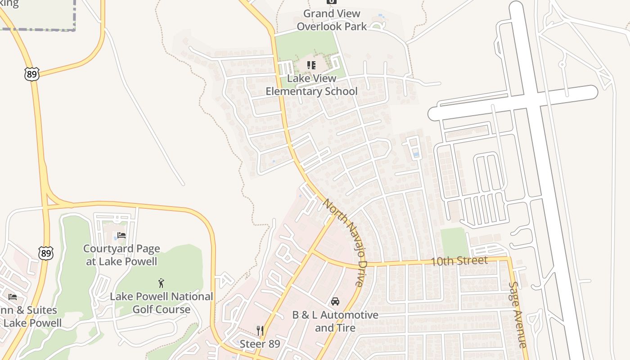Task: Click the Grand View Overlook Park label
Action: (x=332, y=20)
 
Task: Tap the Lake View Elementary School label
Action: (x=311, y=85)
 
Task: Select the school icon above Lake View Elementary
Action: (x=311, y=66)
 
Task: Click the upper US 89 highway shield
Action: (x=31, y=74)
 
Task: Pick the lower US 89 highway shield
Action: (x=45, y=253)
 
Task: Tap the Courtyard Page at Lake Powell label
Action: (x=121, y=255)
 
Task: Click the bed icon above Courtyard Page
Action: (x=121, y=235)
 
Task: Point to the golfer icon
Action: (x=161, y=283)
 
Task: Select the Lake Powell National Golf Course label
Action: (x=161, y=303)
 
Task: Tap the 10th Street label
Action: (x=459, y=261)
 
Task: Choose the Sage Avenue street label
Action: (x=517, y=315)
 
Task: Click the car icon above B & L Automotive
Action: (x=335, y=301)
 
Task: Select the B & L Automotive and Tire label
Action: (x=335, y=321)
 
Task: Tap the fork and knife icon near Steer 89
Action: (x=260, y=331)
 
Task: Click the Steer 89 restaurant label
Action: (x=260, y=344)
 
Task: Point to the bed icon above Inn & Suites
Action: (x=13, y=297)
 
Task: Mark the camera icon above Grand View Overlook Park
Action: (x=332, y=1)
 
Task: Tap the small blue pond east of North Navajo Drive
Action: (x=416, y=155)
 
